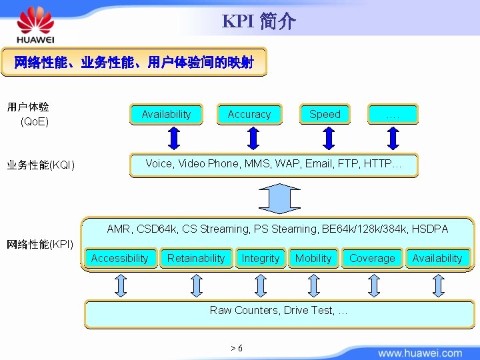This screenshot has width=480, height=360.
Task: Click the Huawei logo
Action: pos(35,25)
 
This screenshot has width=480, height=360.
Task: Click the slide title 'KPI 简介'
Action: pos(258,21)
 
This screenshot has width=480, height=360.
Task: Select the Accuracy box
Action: pos(249,114)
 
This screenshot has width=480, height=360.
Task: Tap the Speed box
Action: pos(325,114)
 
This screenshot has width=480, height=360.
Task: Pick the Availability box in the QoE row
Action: pos(166,114)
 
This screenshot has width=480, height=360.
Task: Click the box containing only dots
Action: pos(393,114)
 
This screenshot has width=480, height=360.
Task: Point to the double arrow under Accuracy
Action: pos(252,138)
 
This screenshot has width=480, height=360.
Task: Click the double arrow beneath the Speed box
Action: pos(327,138)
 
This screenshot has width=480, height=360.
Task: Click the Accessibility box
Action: pos(120,258)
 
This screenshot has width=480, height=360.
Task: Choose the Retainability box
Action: pos(196,258)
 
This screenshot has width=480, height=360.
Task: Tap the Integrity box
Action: pos(261,258)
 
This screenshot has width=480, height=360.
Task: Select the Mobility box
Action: pos(313,258)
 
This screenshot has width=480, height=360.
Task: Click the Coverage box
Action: pos(372,258)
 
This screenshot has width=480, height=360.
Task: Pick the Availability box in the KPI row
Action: pos(437,258)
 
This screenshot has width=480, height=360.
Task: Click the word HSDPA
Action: pos(430,229)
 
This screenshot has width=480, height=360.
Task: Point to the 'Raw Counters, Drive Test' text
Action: pos(278,310)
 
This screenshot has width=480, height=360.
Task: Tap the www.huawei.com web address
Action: pos(420,353)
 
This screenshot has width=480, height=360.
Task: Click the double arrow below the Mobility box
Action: pos(314,285)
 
